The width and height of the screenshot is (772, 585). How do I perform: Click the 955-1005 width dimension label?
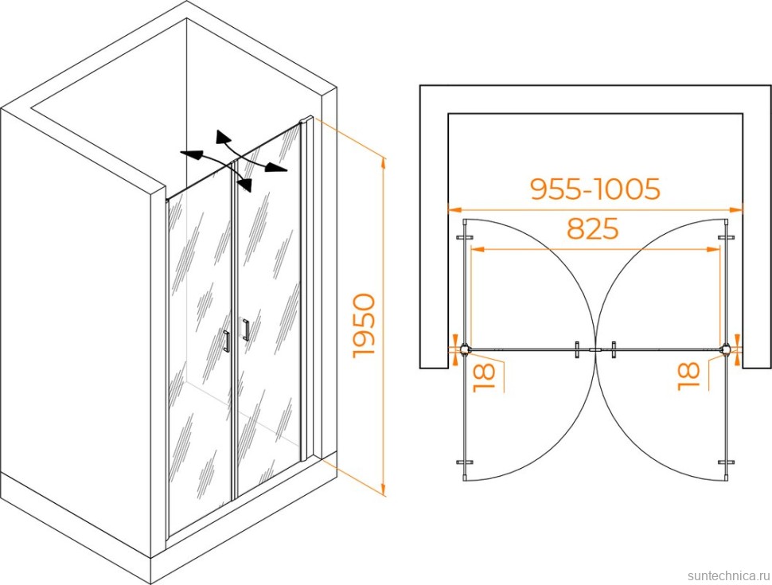click(x=595, y=189)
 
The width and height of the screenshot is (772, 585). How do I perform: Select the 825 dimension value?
click(x=592, y=228)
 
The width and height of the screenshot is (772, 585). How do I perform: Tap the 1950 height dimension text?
click(x=365, y=325)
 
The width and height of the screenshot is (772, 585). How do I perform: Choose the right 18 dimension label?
click(x=688, y=376)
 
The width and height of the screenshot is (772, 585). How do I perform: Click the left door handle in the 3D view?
click(x=227, y=341)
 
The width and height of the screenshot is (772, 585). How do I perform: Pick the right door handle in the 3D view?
click(x=246, y=330)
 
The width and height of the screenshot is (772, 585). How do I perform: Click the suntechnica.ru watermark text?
click(x=727, y=575)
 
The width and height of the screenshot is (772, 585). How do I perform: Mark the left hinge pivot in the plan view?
click(x=465, y=349)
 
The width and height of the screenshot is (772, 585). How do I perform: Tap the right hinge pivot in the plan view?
click(x=726, y=349)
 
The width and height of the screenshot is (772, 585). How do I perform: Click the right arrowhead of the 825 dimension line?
click(x=713, y=250)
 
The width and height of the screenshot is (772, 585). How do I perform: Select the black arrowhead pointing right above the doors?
click(x=276, y=168)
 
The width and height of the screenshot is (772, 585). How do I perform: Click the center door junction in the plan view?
click(x=595, y=350)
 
